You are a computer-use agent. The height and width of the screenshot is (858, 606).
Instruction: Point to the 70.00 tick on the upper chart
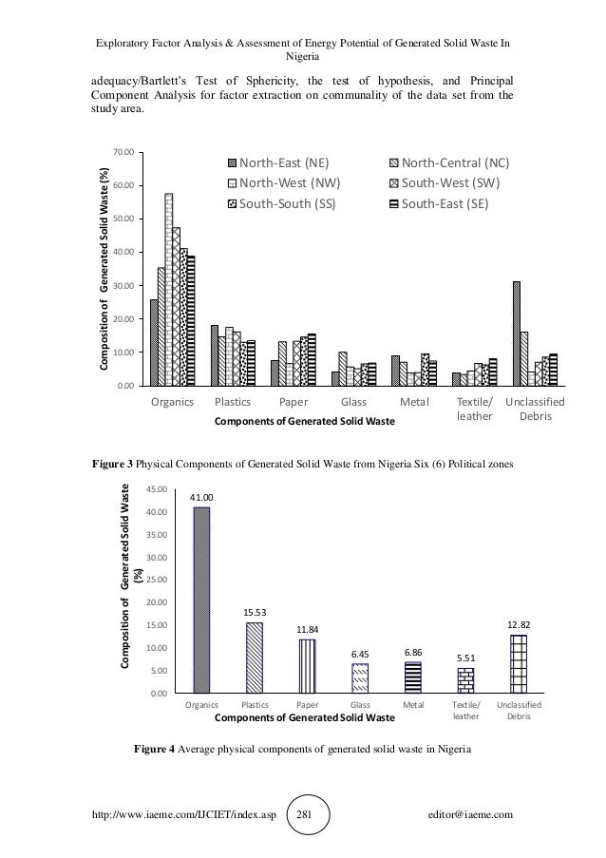pyautogui.click(x=123, y=152)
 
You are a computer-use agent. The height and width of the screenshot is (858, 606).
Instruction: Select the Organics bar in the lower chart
pyautogui.click(x=201, y=600)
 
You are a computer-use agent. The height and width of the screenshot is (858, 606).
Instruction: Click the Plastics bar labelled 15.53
pyautogui.click(x=255, y=658)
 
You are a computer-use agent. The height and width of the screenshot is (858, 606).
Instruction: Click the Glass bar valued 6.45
pyautogui.click(x=360, y=678)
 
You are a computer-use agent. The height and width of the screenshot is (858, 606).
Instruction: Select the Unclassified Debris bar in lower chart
pyautogui.click(x=519, y=664)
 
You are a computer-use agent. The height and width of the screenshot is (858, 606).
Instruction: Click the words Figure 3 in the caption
pyautogui.click(x=111, y=466)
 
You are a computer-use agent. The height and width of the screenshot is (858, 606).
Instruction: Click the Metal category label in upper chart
pyautogui.click(x=412, y=402)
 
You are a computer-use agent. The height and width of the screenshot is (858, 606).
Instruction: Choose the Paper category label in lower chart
pyautogui.click(x=307, y=705)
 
